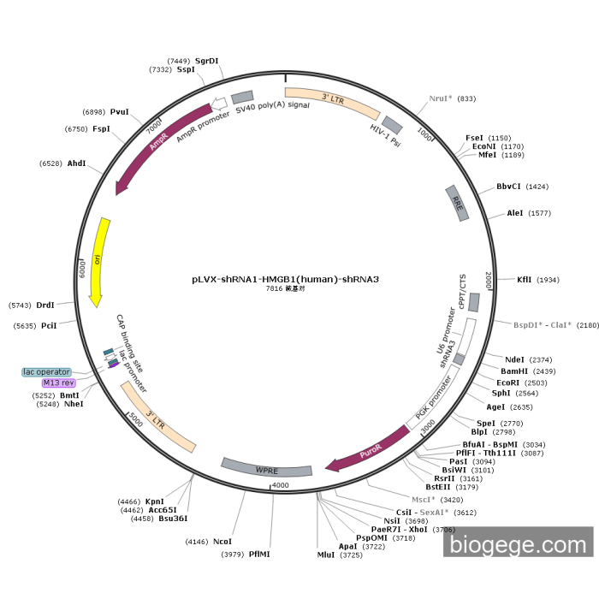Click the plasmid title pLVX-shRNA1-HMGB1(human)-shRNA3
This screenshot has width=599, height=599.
[285, 279]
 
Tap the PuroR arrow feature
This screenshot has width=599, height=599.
[369, 450]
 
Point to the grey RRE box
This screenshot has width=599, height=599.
[458, 204]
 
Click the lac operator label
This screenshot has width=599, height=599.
[47, 371]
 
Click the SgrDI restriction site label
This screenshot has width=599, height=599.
[207, 61]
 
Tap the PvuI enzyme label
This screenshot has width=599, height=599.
[120, 112]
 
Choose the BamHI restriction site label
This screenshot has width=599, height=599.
[514, 371]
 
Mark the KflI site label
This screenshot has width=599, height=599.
[525, 280]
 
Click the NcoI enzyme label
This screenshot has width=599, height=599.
[222, 542]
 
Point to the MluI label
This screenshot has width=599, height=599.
[326, 555]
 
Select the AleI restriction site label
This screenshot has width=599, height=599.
[515, 213]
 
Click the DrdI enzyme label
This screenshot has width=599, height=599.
[45, 305]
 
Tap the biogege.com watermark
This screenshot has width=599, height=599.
[518, 543]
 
